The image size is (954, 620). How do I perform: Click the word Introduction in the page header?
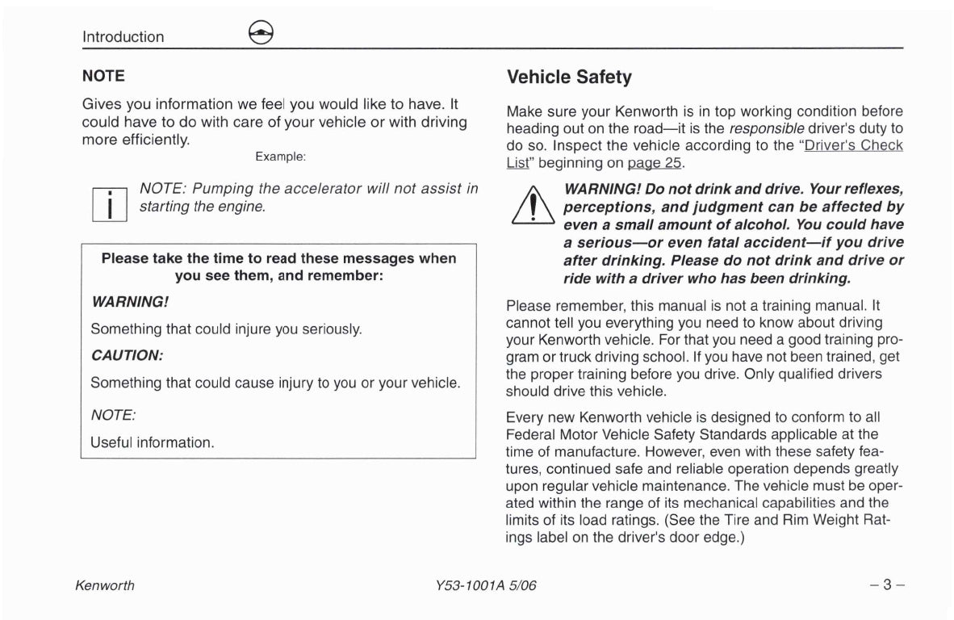(x=123, y=36)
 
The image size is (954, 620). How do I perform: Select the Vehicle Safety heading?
(x=569, y=77)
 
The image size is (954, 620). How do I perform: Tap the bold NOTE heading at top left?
(x=103, y=76)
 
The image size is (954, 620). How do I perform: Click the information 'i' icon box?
(x=107, y=201)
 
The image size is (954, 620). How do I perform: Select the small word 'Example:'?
(x=280, y=156)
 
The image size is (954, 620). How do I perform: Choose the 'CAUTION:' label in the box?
(x=127, y=356)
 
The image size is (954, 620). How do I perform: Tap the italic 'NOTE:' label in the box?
(x=113, y=415)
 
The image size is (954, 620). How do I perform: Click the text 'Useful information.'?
(x=153, y=443)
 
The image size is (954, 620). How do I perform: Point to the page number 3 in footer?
(x=885, y=585)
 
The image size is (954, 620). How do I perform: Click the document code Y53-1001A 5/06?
(x=479, y=586)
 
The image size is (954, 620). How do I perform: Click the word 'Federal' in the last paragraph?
(x=532, y=435)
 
